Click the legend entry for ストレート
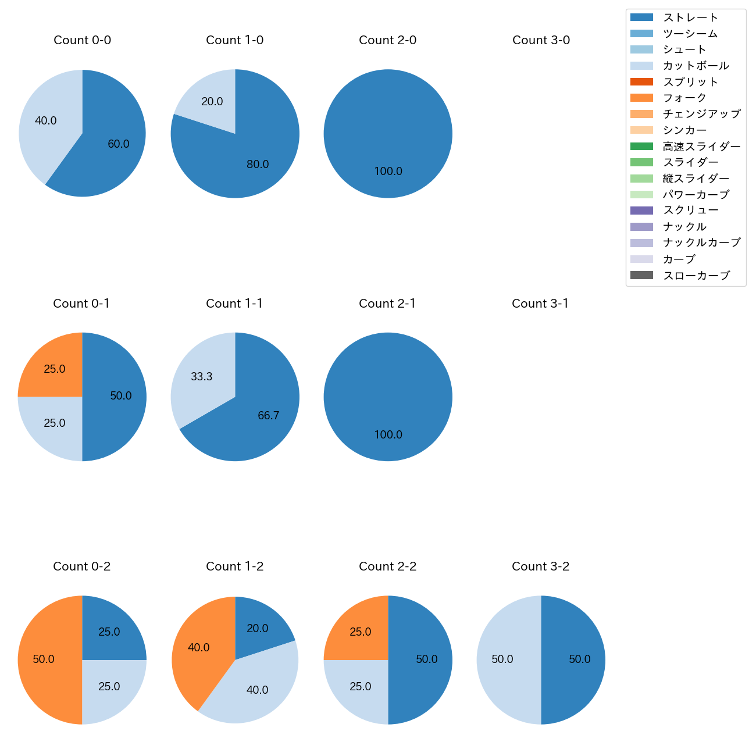click(690, 17)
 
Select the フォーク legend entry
click(684, 98)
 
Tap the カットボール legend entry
click(696, 66)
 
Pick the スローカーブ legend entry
click(696, 276)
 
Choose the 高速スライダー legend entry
click(701, 147)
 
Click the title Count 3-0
click(541, 40)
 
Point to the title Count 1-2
click(235, 566)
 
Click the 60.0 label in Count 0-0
click(119, 144)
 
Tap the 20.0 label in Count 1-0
click(212, 102)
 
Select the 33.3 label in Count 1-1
click(202, 377)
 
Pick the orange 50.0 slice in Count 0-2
click(47, 660)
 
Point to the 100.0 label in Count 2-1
click(388, 435)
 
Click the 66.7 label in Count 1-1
click(269, 416)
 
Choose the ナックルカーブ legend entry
click(701, 243)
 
